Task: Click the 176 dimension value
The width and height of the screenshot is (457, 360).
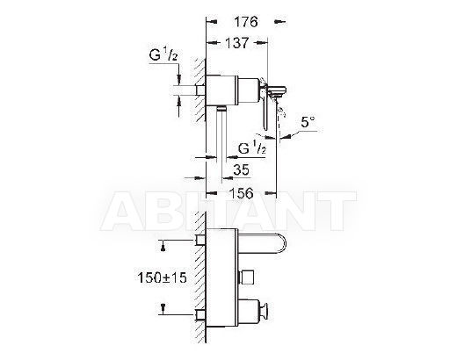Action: [245, 22]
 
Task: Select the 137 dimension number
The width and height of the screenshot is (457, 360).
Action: [236, 43]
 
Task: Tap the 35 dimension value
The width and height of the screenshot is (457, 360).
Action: [241, 169]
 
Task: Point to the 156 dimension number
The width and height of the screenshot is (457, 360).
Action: [241, 193]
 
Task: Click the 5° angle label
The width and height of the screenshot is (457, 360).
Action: [308, 122]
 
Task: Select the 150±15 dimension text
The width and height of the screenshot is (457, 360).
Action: [162, 277]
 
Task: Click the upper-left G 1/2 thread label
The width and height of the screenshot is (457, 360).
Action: [163, 54]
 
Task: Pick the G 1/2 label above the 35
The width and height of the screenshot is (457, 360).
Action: [252, 148]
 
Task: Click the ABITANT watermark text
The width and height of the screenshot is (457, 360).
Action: [228, 211]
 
